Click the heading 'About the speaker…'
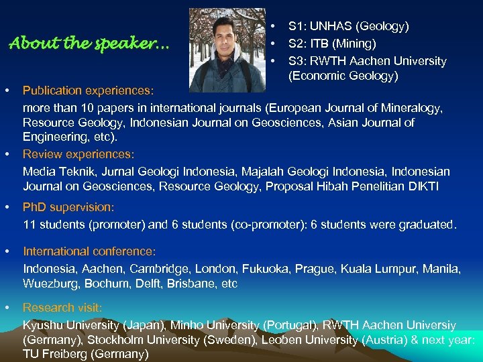tap(89, 45)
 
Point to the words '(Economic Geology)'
tap(343, 76)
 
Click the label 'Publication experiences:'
tap(88, 90)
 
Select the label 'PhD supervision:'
tap(68, 208)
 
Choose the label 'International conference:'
tap(89, 251)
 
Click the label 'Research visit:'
tap(62, 308)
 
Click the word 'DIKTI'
tap(422, 186)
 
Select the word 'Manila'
tap(443, 268)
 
